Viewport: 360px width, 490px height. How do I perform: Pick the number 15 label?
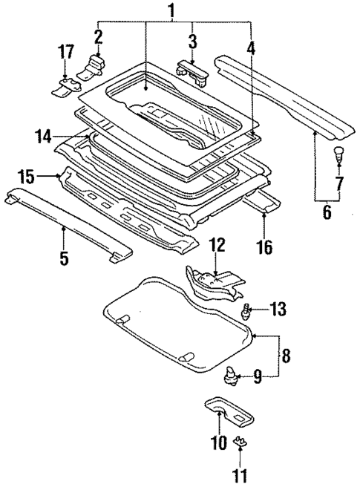[x=26, y=177]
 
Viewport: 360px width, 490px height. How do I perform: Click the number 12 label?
[x=216, y=244]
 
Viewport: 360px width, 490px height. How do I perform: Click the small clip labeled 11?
[x=240, y=444]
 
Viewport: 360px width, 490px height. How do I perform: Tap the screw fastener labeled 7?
[x=339, y=154]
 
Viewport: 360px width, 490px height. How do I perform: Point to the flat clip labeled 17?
[x=65, y=88]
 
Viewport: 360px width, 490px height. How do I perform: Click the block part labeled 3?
[x=192, y=69]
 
